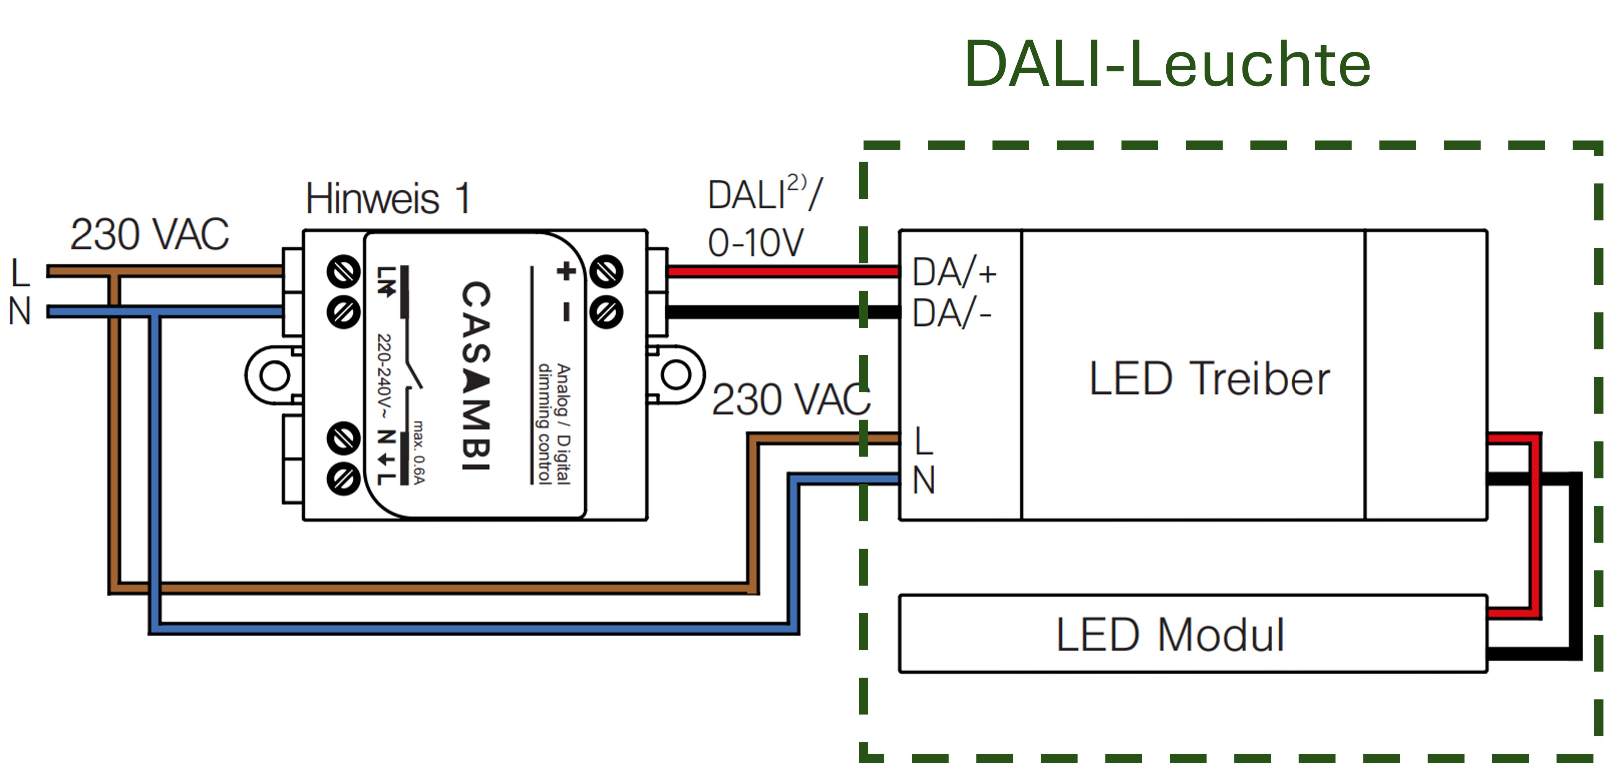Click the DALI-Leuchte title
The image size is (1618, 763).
pyautogui.click(x=1167, y=64)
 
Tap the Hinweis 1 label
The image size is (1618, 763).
pyautogui.click(x=387, y=199)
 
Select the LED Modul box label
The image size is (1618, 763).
pyautogui.click(x=1169, y=635)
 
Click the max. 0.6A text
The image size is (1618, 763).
pyautogui.click(x=419, y=452)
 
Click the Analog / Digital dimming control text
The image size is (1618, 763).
pyautogui.click(x=554, y=424)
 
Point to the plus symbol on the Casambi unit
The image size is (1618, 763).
pyautogui.click(x=566, y=271)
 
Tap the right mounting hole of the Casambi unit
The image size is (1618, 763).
pyautogui.click(x=676, y=375)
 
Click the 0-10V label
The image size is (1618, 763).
pyautogui.click(x=755, y=243)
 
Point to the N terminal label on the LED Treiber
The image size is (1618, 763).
pyautogui.click(x=923, y=480)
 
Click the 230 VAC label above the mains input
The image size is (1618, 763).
pyautogui.click(x=150, y=234)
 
